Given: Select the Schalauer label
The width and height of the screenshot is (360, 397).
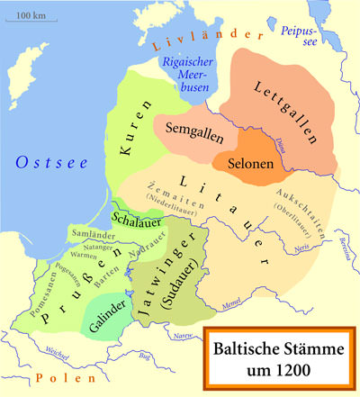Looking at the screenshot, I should (135, 217).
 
